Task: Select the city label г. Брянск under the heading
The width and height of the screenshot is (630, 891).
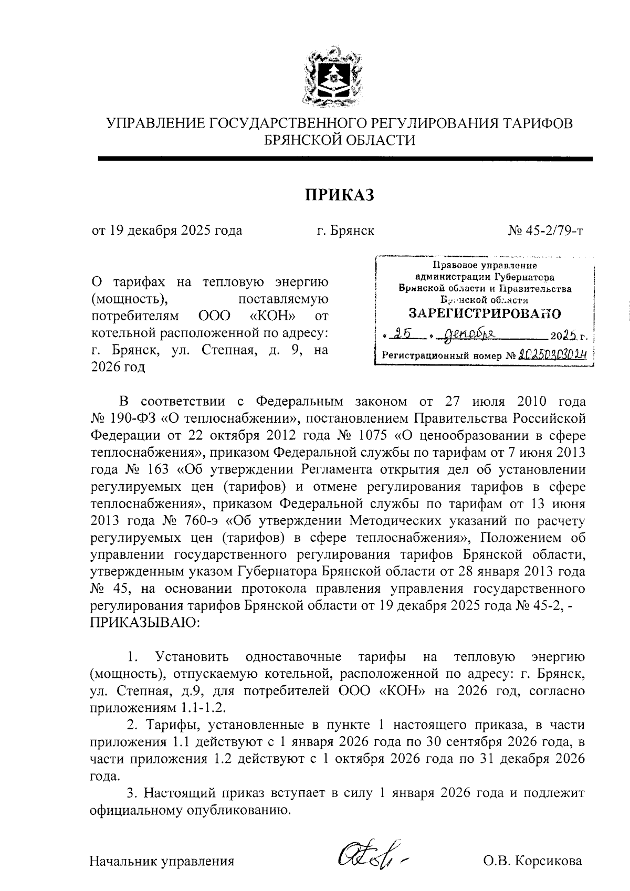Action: (x=345, y=230)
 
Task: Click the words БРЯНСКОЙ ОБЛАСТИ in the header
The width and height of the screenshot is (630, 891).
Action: (x=340, y=140)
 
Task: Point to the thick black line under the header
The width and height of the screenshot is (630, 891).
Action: (x=345, y=159)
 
